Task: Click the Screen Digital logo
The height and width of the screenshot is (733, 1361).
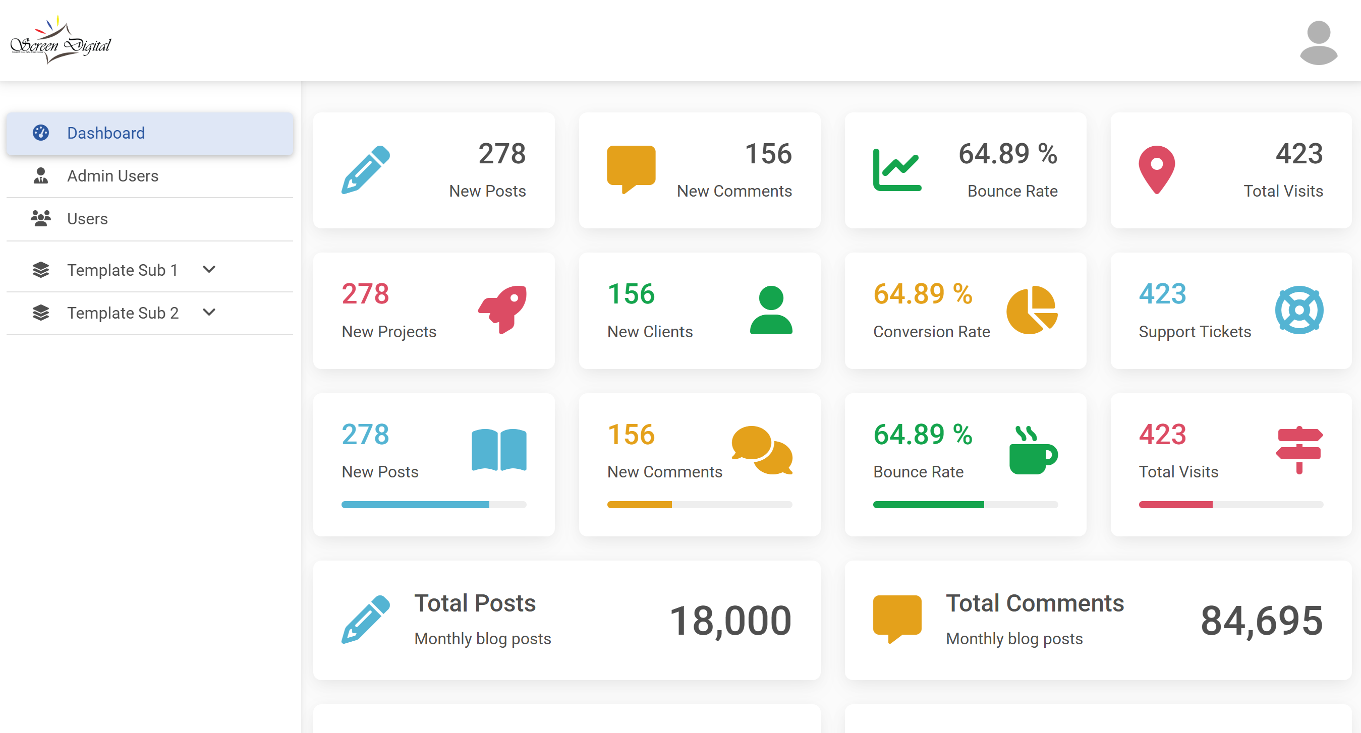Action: click(x=61, y=41)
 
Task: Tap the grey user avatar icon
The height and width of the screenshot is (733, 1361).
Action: click(x=1318, y=42)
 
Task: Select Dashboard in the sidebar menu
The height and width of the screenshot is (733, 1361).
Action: click(x=105, y=133)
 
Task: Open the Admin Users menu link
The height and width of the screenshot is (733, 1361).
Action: click(x=112, y=176)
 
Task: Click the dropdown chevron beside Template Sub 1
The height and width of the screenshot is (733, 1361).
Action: click(x=209, y=269)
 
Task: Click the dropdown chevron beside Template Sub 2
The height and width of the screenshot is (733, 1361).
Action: click(x=209, y=312)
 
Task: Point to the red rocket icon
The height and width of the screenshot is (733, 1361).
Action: click(x=503, y=310)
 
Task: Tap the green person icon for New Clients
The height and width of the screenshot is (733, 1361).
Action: click(x=771, y=310)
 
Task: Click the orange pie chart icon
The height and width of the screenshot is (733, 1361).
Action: click(x=1032, y=310)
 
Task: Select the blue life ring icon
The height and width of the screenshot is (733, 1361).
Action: click(x=1298, y=310)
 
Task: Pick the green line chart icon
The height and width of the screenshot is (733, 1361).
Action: click(x=896, y=169)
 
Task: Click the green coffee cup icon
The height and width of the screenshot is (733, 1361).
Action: click(x=1033, y=451)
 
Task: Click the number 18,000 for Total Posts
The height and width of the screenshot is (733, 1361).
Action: click(x=730, y=621)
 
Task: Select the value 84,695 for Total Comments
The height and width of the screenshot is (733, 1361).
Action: click(x=1262, y=621)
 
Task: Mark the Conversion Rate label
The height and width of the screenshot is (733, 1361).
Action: click(x=931, y=332)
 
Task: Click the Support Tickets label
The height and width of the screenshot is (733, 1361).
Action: click(x=1195, y=332)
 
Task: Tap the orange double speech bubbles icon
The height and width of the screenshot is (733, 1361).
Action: click(x=762, y=450)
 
